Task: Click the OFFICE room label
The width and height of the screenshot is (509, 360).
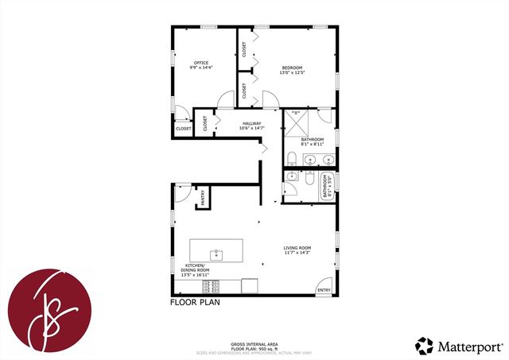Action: click(x=200, y=63)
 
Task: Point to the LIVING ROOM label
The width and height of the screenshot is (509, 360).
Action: click(x=297, y=248)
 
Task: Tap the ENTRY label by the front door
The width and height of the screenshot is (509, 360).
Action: click(x=324, y=290)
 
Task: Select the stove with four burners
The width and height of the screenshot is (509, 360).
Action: click(x=212, y=286)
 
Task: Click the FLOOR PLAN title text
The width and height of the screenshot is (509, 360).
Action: click(x=195, y=302)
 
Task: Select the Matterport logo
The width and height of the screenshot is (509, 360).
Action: click(x=459, y=346)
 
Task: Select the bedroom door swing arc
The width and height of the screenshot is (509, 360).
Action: click(x=269, y=99)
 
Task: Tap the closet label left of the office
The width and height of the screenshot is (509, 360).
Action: click(x=184, y=128)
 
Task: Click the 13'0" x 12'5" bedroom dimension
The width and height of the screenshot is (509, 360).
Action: click(x=293, y=73)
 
